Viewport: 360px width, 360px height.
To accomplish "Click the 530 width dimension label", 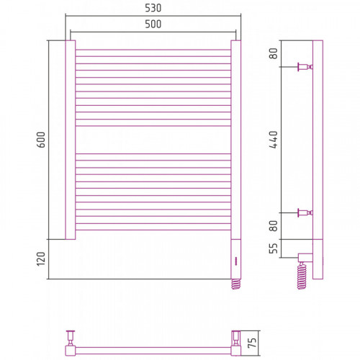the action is [x=153, y=8].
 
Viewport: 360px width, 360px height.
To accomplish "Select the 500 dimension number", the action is [x=153, y=24].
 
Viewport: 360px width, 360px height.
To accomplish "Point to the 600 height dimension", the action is [x=41, y=140].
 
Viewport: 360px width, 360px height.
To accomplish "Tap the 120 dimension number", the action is [x=41, y=259].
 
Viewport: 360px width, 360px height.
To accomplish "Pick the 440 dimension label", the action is [x=274, y=140].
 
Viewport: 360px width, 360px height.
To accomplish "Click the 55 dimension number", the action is [x=274, y=248].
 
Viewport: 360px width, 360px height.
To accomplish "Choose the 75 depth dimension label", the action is [x=252, y=343].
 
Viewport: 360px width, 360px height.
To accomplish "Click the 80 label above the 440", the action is [x=274, y=53].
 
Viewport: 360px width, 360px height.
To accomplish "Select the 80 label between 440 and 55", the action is [x=274, y=226].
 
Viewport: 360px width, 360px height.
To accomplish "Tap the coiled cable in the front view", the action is [x=236, y=284].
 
